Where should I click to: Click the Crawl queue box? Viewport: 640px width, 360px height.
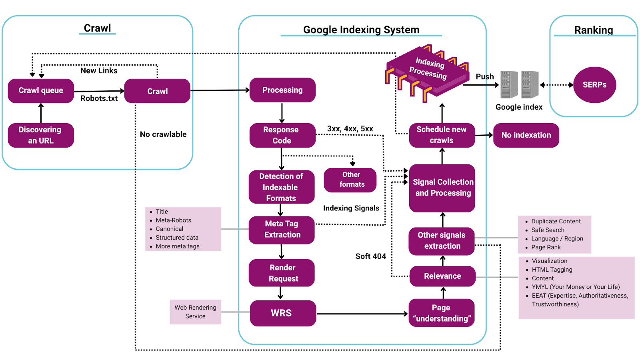coord(41,91)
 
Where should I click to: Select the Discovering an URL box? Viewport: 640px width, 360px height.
coord(41,135)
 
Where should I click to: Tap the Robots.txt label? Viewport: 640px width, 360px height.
coord(99,98)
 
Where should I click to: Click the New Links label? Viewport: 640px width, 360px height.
coord(99,71)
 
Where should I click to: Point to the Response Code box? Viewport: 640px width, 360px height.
coord(282,135)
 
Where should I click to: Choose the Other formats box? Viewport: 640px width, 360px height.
coord(351,180)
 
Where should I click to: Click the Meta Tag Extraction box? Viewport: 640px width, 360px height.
coord(282,230)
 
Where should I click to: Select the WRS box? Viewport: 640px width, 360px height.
coord(282,313)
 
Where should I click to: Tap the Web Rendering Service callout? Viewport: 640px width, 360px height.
coord(195,312)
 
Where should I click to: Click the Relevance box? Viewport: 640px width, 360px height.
coord(442,276)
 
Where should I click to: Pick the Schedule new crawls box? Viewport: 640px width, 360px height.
coord(442,135)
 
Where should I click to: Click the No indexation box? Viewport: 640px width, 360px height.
coord(526,135)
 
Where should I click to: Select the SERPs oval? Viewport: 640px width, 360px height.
coord(594,85)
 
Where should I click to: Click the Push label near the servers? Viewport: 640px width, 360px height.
coord(485,77)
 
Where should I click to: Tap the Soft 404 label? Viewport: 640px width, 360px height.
coord(370,256)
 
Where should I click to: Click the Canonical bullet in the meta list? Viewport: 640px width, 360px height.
coord(170,229)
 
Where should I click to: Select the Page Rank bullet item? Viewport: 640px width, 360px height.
coord(546,248)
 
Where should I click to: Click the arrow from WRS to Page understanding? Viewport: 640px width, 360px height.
coord(362,314)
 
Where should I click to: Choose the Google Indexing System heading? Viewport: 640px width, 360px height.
coord(361,30)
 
